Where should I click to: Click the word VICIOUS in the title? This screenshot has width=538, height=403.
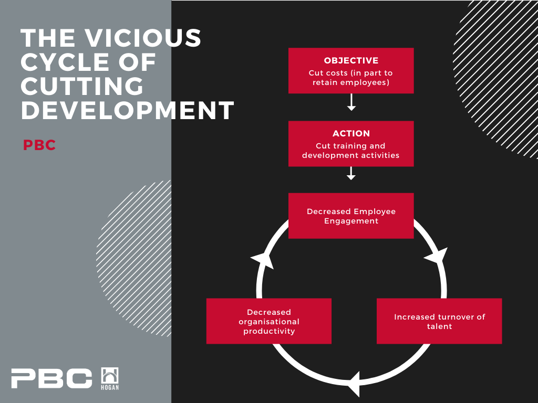tap(143, 37)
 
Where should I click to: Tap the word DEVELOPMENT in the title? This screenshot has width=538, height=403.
tap(127, 110)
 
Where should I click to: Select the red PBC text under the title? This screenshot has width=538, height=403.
tap(39, 145)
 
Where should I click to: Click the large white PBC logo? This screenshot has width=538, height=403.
tap(51, 378)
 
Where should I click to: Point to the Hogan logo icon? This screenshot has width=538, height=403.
tap(110, 379)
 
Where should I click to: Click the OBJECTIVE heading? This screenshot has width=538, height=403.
tap(351, 61)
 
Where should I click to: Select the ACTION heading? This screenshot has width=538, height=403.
tap(351, 133)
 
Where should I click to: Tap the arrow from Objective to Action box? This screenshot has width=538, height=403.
tap(351, 102)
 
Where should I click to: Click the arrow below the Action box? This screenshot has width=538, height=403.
tap(351, 173)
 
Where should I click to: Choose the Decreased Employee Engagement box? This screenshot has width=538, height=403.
tap(351, 216)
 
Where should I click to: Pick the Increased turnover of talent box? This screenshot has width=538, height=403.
tap(439, 321)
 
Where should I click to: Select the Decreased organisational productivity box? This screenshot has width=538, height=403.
tap(268, 321)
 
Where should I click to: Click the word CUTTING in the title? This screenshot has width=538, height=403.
tap(82, 86)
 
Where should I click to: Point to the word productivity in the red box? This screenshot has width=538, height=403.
tap(269, 331)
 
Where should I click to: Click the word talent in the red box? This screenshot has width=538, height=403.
tap(439, 326)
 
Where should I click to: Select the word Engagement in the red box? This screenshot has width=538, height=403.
tap(351, 221)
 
